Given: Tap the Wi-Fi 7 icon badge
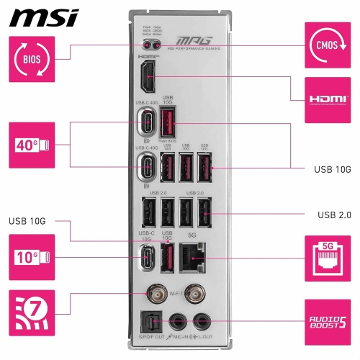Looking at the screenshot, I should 31,314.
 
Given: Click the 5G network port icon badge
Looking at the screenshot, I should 330,258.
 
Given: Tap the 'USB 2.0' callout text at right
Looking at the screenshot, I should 333,215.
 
